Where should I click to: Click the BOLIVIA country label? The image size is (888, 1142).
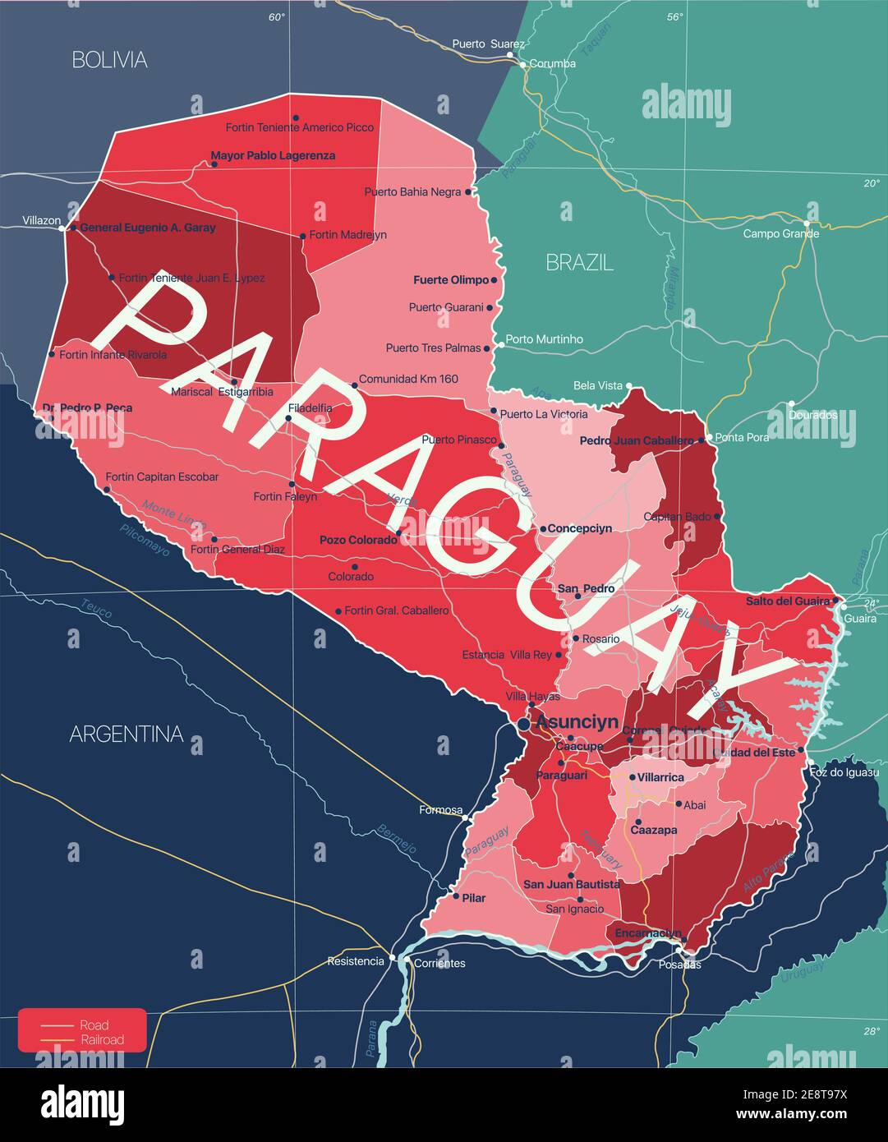tap(109, 59)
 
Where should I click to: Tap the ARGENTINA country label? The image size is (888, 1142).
tap(126, 734)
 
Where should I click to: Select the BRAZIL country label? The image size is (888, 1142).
tap(579, 262)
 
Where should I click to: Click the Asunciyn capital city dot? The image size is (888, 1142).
tap(524, 724)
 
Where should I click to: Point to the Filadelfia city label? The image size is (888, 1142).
tap(310, 408)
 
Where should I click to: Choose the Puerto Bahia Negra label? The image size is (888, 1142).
tap(412, 191)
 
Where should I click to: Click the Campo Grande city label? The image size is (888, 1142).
tap(780, 233)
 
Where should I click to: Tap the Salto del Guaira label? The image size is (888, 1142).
tap(787, 601)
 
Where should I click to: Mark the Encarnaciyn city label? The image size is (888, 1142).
tap(647, 932)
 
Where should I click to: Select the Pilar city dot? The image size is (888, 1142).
tap(456, 896)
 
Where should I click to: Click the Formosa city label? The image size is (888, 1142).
tap(440, 810)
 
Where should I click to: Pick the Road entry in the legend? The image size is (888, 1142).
tap(94, 1025)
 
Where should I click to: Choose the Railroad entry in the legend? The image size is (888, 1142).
tap(102, 1039)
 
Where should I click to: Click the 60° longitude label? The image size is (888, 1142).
tap(276, 17)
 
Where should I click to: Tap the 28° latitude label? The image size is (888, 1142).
tap(871, 1031)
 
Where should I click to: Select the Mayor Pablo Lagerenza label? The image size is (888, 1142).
tap(273, 155)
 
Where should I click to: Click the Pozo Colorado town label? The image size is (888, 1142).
tap(357, 540)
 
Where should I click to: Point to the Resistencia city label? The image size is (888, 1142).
tap(355, 960)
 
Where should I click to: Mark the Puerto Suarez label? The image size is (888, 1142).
tap(488, 44)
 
